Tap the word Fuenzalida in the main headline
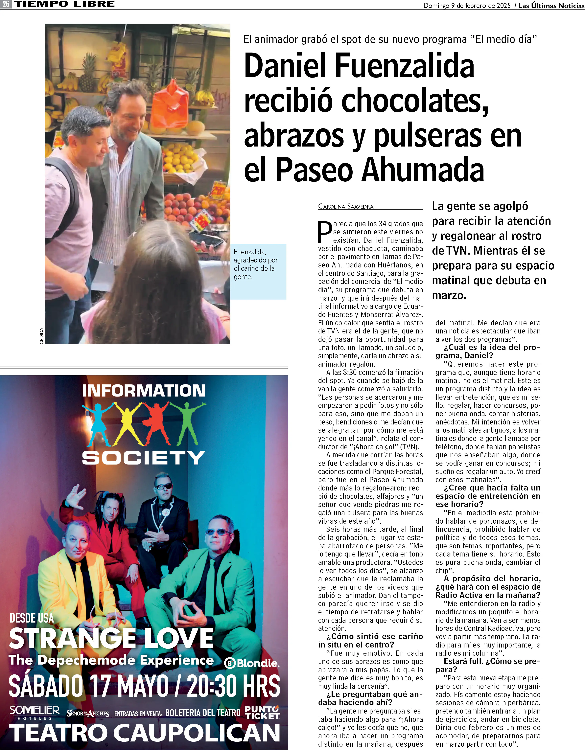404,66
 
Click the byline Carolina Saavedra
346,206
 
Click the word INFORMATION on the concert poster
144,391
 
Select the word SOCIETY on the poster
144,458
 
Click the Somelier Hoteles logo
34,712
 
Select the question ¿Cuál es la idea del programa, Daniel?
488,351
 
